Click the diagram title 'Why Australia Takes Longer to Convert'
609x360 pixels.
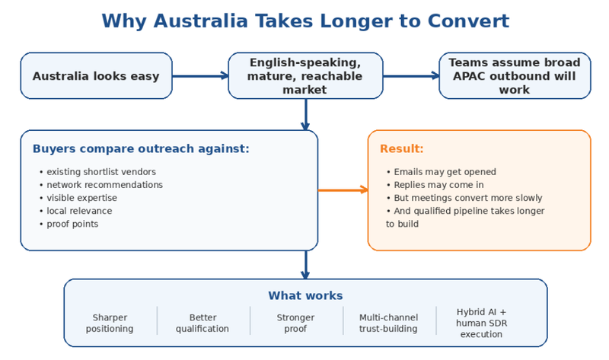tap(304, 21)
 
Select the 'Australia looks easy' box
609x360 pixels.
tap(96, 76)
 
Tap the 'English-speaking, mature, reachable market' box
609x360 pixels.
tap(304, 76)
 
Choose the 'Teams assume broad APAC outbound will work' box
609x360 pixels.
tap(514, 76)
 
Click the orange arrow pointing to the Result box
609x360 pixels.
tap(343, 190)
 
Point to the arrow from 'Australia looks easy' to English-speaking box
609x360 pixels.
tap(200, 75)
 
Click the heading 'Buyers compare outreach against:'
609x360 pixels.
tap(140, 149)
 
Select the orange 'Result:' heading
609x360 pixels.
tap(402, 149)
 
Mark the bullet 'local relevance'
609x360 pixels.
tap(79, 211)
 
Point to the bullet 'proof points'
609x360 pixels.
tap(72, 224)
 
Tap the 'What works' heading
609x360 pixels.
tap(304, 295)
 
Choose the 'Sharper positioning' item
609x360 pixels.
tap(110, 323)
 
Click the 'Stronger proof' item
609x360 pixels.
tap(295, 323)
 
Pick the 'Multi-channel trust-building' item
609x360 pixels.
tap(388, 323)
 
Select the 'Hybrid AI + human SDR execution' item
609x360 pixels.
tap(481, 323)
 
